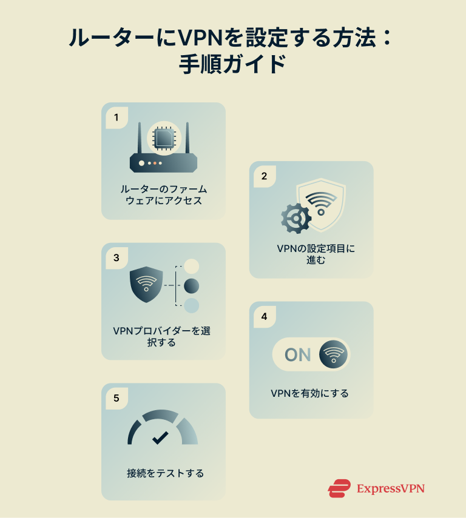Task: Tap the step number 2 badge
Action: (264, 176)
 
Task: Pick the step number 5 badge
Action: (116, 398)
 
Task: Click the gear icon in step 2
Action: (295, 219)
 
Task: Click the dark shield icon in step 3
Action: (146, 284)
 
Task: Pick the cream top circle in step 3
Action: (192, 267)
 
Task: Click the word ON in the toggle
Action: (297, 354)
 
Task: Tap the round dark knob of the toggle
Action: (333, 354)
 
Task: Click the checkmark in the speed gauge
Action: (160, 437)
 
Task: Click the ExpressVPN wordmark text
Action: (390, 488)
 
